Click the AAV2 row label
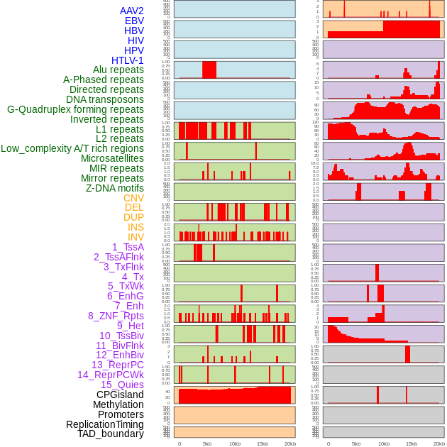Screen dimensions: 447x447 (132, 11)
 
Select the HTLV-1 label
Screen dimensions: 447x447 (128, 60)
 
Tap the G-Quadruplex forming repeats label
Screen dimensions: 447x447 (75, 109)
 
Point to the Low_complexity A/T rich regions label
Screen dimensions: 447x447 (72, 148)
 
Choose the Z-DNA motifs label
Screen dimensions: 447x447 (115, 188)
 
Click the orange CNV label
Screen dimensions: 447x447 (133, 198)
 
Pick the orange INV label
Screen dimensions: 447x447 (136, 237)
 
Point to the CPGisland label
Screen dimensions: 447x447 (120, 394)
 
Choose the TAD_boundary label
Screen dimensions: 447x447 (111, 434)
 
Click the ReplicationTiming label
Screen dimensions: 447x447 (105, 424)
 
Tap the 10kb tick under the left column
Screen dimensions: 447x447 (235, 443)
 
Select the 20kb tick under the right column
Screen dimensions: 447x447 (439, 443)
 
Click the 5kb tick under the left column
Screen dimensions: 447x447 (207, 443)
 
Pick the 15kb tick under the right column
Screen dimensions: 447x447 (412, 443)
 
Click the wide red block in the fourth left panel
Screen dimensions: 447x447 (209, 70)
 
